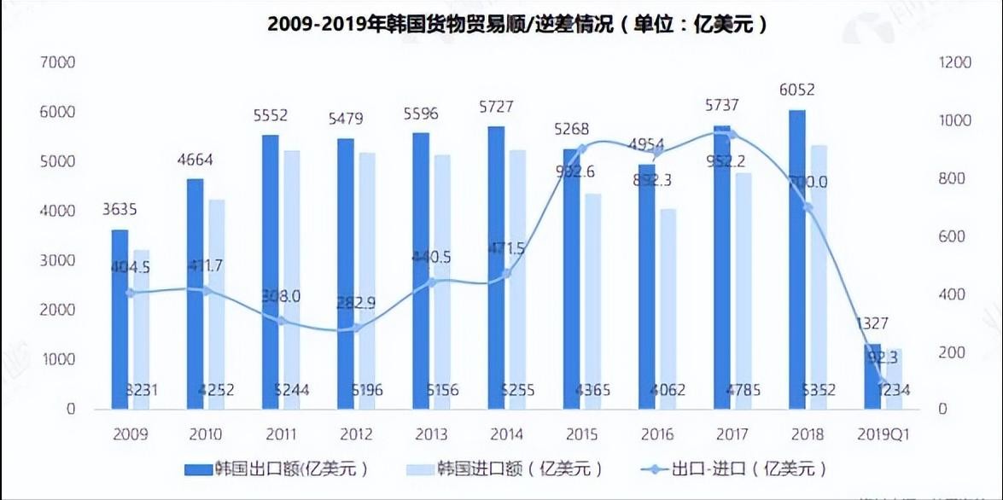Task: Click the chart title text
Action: pyautogui.click(x=517, y=24)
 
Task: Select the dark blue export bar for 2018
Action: pyautogui.click(x=796, y=256)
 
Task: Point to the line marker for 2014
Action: pyautogui.click(x=506, y=273)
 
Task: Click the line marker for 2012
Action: pyautogui.click(x=358, y=328)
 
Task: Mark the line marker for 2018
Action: pyautogui.click(x=807, y=207)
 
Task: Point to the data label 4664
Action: pyautogui.click(x=195, y=160)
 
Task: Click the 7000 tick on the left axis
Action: pyautogui.click(x=59, y=63)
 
